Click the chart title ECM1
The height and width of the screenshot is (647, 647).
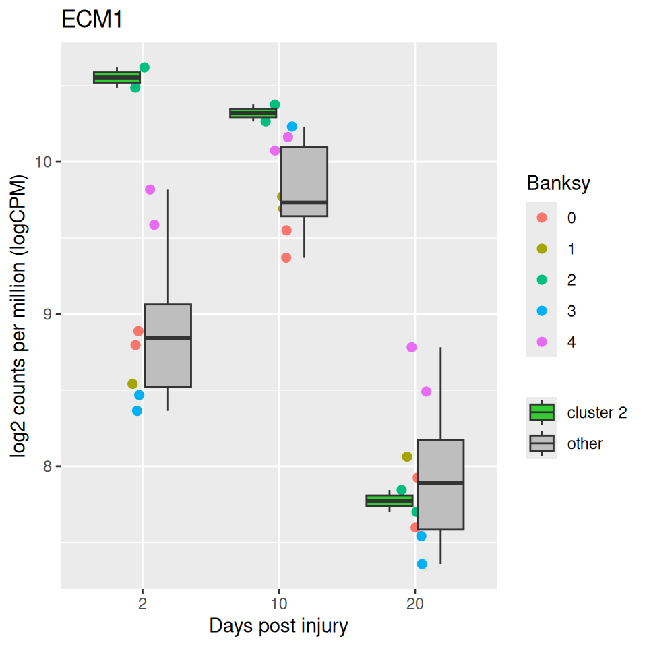pyautogui.click(x=92, y=20)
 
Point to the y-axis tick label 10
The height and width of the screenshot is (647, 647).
pyautogui.click(x=44, y=162)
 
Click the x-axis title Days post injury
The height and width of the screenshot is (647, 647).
pyautogui.click(x=278, y=626)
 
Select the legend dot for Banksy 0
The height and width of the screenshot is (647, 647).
pyautogui.click(x=542, y=218)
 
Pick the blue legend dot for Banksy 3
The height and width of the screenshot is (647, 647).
pyautogui.click(x=542, y=311)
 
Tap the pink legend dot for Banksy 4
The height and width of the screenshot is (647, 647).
pyautogui.click(x=542, y=342)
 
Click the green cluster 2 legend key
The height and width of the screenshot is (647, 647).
pyautogui.click(x=542, y=412)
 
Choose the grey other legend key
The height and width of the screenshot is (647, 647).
pyautogui.click(x=542, y=443)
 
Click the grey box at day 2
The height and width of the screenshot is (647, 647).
pyautogui.click(x=168, y=345)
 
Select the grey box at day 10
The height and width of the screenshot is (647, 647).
pyautogui.click(x=304, y=181)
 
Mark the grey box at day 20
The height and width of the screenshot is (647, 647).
pyautogui.click(x=440, y=485)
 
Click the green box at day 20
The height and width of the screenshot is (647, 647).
pyautogui.click(x=390, y=501)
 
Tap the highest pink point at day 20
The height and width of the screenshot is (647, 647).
pyautogui.click(x=411, y=347)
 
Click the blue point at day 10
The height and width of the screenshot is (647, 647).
pyautogui.click(x=292, y=127)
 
